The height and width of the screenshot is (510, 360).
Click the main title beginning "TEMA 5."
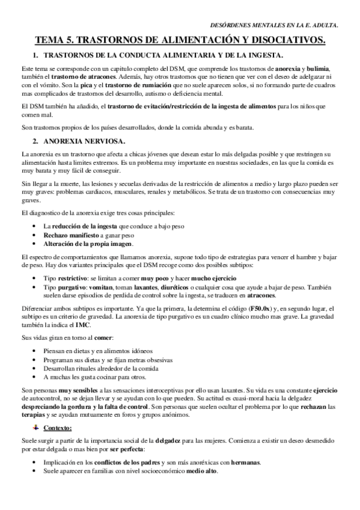coord(180,40)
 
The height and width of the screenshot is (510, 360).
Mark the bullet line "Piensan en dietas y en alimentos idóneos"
coord(98,351)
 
